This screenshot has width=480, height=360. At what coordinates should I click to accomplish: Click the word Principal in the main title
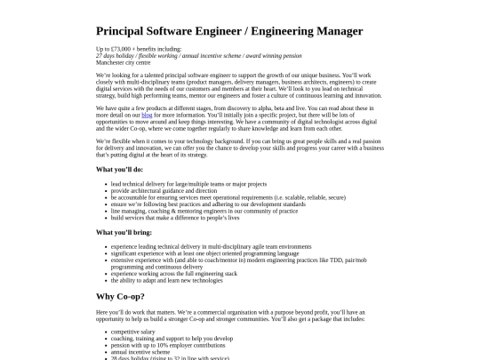121,30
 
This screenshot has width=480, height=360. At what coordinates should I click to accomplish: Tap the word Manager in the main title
332,30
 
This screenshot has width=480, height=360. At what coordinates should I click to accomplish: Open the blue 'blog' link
147,115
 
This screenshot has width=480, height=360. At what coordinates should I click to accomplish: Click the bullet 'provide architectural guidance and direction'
164,190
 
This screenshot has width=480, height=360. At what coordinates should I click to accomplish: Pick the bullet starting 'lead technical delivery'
170,184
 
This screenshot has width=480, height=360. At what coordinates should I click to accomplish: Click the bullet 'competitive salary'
132,332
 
